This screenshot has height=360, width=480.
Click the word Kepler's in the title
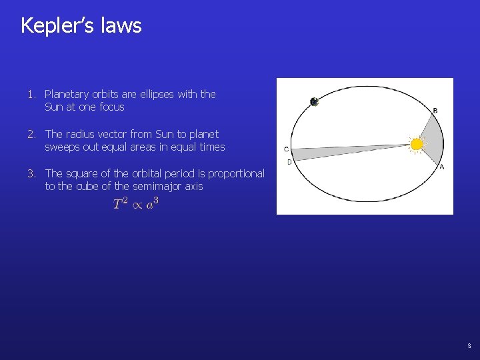click(x=58, y=25)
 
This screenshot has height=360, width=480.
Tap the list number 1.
click(x=31, y=95)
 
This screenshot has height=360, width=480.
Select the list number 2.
click(x=31, y=134)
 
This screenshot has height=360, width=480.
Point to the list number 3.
click(x=31, y=173)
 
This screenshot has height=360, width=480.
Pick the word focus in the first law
click(x=111, y=107)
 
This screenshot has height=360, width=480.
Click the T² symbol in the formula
click(x=121, y=203)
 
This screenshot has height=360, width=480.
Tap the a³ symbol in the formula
click(x=152, y=203)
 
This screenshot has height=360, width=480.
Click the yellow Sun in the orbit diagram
click(x=417, y=144)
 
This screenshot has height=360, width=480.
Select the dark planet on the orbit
click(x=314, y=101)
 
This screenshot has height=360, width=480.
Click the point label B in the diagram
click(x=435, y=110)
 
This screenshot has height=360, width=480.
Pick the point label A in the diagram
click(x=442, y=167)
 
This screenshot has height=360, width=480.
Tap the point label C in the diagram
click(x=286, y=149)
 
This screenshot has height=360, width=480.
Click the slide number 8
click(x=469, y=346)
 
